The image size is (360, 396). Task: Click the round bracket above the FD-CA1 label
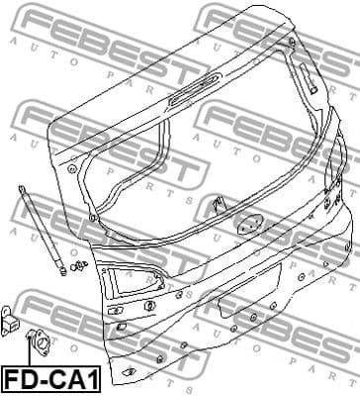pos(43,341)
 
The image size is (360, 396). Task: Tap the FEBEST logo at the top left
pos(59,25)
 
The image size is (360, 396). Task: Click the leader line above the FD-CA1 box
pos(29,357)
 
